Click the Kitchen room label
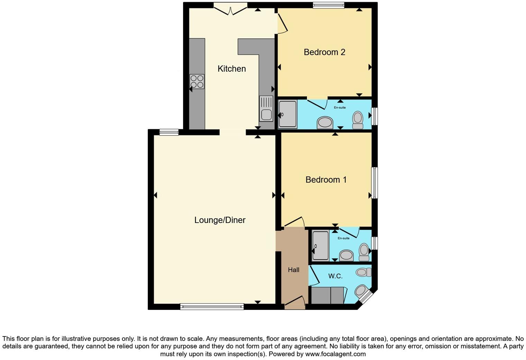coord(232,69)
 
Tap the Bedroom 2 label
coord(324,52)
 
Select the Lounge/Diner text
coord(220,220)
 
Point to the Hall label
coord(293,270)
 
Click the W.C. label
coord(335,276)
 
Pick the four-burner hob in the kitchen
coord(197,82)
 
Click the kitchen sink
coord(266,109)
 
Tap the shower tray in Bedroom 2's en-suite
coord(288,114)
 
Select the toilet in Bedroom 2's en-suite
coord(357,119)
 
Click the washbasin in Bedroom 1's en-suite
coord(346,256)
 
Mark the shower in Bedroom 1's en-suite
coord(320,245)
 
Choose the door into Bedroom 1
coord(293,222)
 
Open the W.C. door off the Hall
coord(314,276)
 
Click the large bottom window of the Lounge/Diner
coord(212,306)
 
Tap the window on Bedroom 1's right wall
coord(374,183)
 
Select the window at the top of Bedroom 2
coord(328,5)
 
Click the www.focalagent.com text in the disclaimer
coord(335,354)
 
